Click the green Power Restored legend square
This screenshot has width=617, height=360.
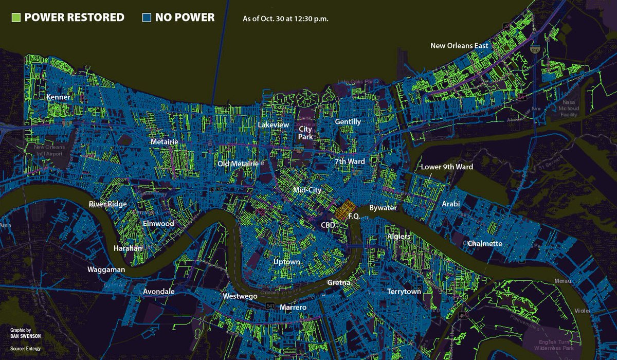(16, 17)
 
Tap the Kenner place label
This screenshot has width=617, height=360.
(58, 97)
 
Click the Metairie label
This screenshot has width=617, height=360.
(165, 141)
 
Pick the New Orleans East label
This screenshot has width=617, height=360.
(459, 46)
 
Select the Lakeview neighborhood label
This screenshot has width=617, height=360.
(273, 125)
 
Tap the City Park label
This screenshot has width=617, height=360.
(306, 133)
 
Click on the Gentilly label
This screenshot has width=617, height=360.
(348, 122)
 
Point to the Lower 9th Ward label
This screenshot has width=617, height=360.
(447, 167)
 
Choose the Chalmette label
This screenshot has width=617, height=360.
(484, 243)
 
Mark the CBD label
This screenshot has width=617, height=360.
(328, 225)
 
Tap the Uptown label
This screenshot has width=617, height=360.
(286, 262)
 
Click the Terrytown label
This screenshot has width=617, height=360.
(404, 292)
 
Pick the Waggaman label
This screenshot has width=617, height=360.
(107, 269)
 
